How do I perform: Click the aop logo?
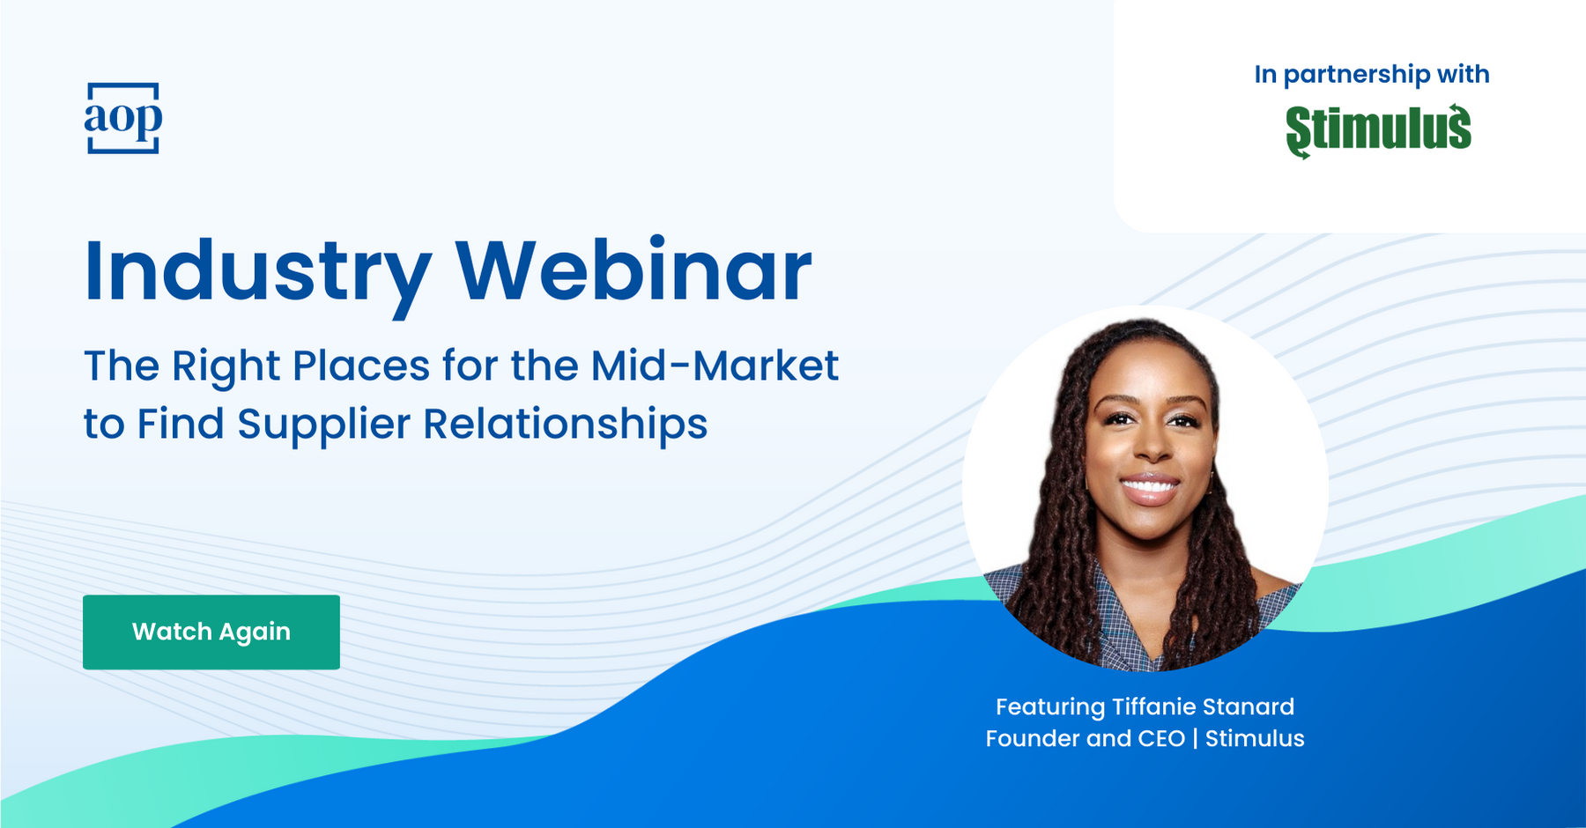[x=123, y=118]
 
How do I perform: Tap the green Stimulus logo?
[x=1378, y=131]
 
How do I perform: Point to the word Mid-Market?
[x=715, y=366]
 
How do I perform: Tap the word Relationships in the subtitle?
[x=566, y=424]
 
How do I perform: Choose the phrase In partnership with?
[x=1372, y=75]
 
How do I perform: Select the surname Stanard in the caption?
[x=1249, y=706]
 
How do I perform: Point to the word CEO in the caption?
[x=1161, y=738]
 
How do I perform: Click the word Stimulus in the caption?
[x=1255, y=738]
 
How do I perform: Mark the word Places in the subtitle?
[x=361, y=366]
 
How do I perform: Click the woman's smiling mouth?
[x=1149, y=488]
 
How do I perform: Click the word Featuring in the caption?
[x=1050, y=707]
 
